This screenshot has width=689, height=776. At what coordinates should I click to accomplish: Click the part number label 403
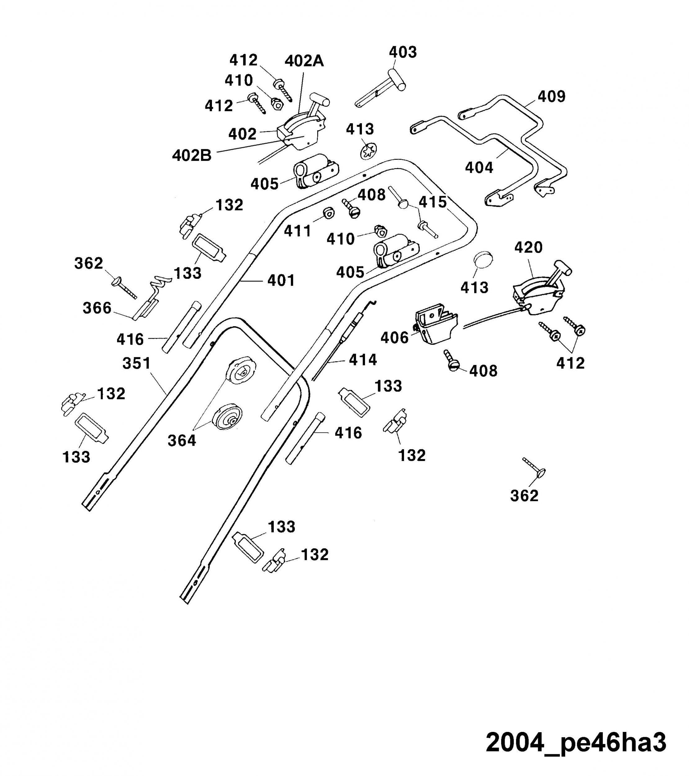[x=403, y=52]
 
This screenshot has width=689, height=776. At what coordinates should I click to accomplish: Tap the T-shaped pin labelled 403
[x=381, y=88]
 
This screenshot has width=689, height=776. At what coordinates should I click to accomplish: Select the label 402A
[x=304, y=61]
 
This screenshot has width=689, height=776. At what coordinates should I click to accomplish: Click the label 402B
[x=192, y=156]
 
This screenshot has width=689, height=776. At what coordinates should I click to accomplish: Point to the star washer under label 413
[x=368, y=151]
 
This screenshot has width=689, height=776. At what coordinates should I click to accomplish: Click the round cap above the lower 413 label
[x=483, y=260]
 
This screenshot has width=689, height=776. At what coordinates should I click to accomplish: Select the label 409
[x=552, y=97]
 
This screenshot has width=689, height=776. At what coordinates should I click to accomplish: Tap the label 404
[x=479, y=167]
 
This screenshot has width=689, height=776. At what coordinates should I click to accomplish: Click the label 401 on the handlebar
[x=281, y=281]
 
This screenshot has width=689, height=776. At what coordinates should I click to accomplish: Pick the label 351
[x=137, y=363]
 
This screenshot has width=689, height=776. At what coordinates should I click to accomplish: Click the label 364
[x=182, y=441]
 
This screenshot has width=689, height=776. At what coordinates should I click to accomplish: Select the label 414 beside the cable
[x=363, y=360]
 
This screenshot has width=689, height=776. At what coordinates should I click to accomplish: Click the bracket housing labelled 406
[x=436, y=323]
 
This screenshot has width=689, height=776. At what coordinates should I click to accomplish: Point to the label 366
[x=97, y=308]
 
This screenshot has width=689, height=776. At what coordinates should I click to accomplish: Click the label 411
[x=298, y=231]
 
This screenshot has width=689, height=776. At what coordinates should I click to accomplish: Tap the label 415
[x=433, y=202]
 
